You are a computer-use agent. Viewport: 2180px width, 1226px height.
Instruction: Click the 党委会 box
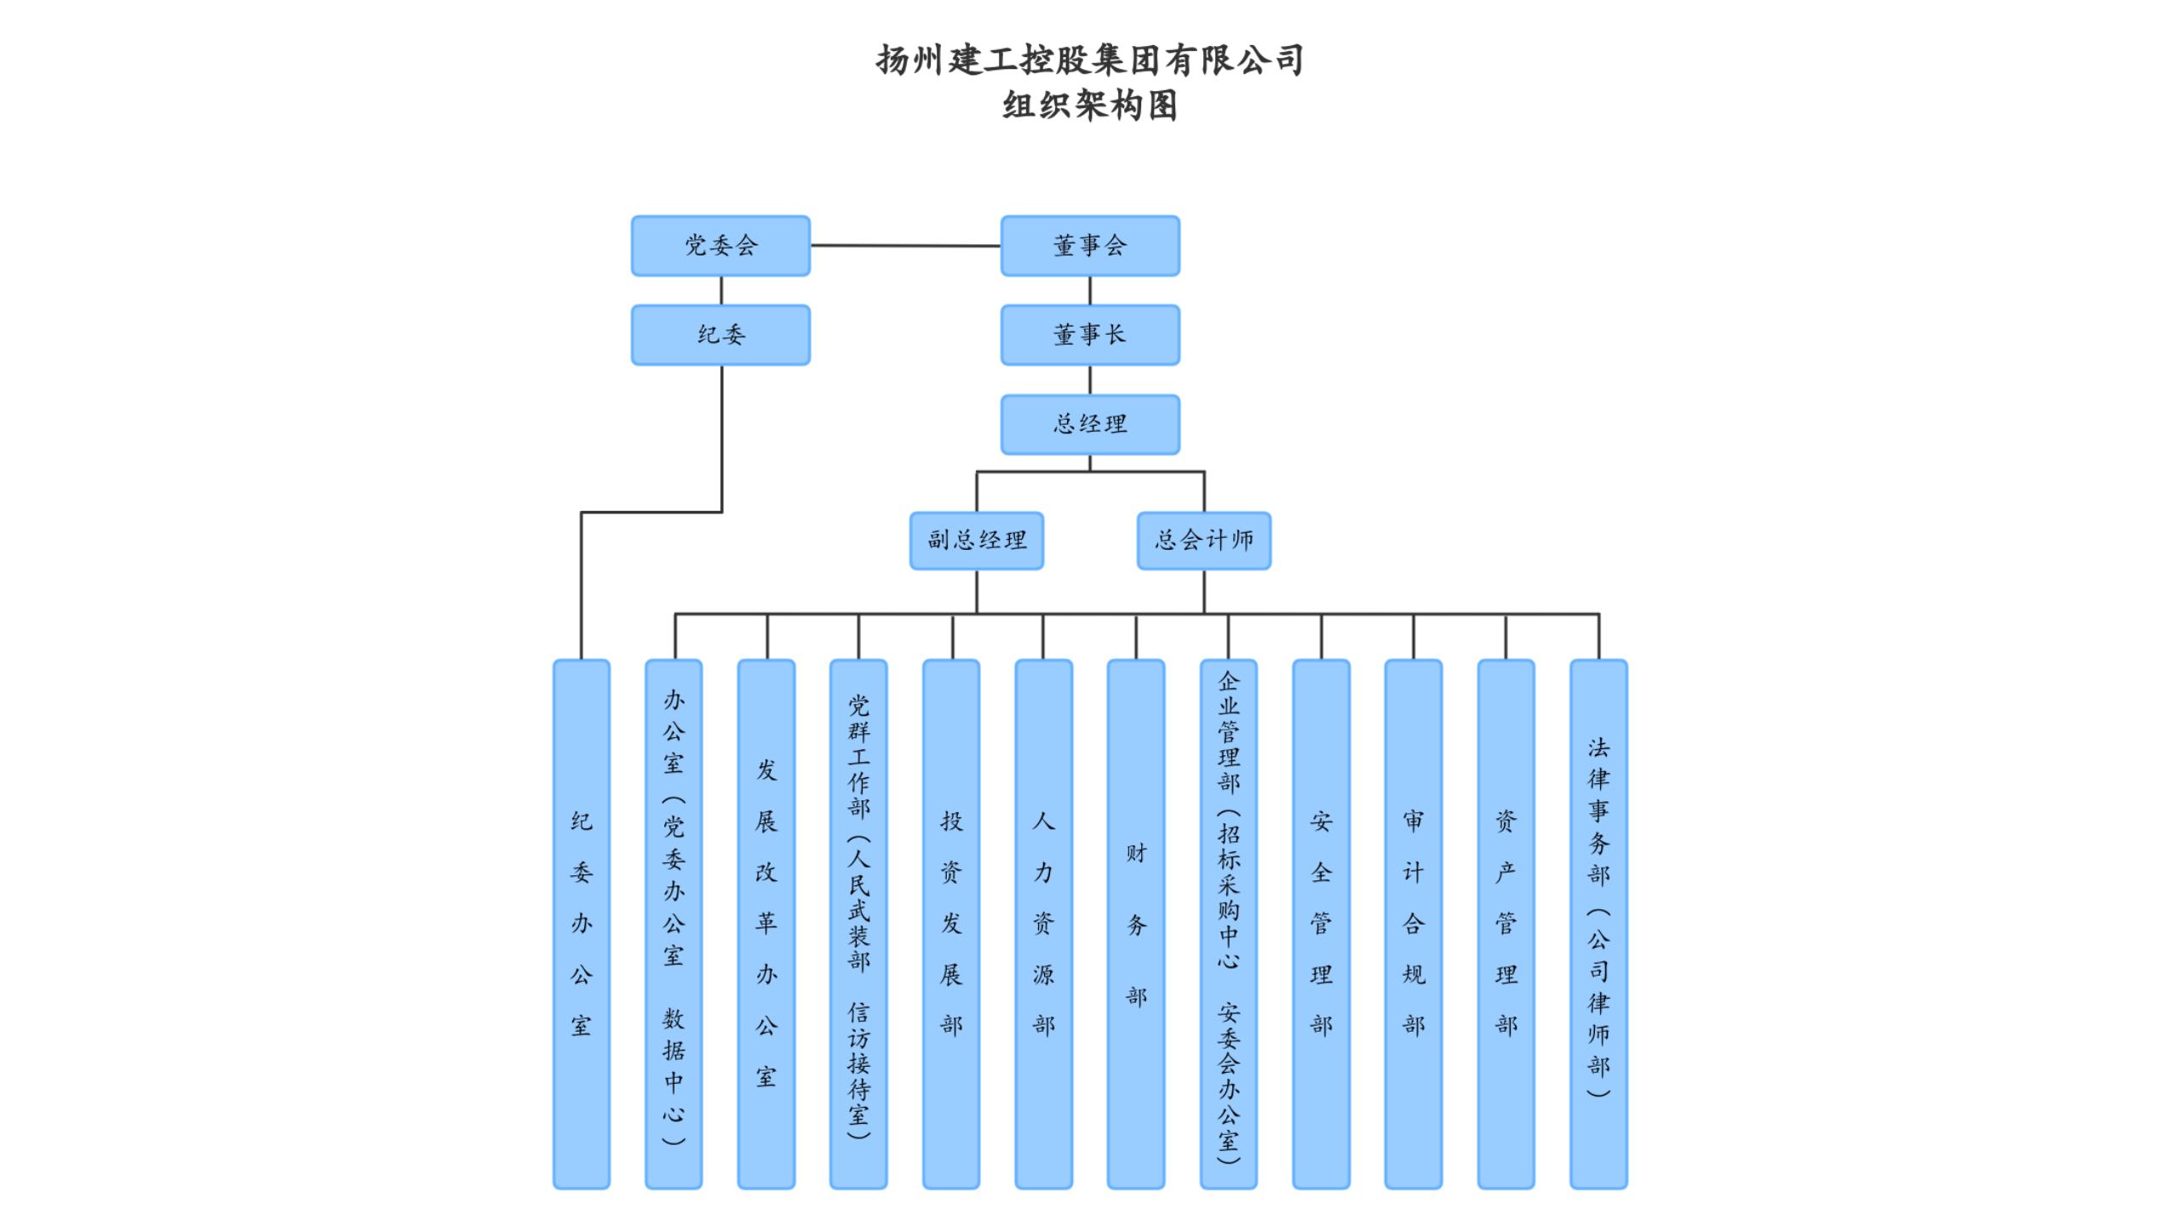pos(720,246)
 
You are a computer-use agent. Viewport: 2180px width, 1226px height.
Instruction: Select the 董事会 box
pos(1090,246)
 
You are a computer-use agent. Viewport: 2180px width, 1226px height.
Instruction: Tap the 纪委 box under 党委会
pos(720,335)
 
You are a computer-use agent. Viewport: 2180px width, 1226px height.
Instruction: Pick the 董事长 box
pos(1090,335)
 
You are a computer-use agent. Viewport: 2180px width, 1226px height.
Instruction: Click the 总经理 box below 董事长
pos(1090,424)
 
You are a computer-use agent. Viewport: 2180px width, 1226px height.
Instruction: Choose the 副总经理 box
pos(977,541)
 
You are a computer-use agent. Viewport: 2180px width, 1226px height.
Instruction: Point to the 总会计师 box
pos(1204,541)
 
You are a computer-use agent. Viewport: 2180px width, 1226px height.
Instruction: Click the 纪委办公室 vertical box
pos(582,924)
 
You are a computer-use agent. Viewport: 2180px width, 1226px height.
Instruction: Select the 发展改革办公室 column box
pos(766,924)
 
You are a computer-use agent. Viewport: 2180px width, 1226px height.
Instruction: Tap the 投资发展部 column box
pos(951,924)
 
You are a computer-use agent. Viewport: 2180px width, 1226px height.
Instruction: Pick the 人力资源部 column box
pos(1044,924)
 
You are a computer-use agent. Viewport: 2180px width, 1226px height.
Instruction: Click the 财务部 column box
pos(1136,924)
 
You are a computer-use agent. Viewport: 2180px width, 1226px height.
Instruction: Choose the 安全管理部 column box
pos(1322,924)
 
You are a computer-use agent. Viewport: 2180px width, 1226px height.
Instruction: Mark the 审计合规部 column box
pos(1414,924)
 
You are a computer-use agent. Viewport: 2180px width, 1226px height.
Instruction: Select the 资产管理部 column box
pos(1506,924)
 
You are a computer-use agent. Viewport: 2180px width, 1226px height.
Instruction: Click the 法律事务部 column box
pos(1599,924)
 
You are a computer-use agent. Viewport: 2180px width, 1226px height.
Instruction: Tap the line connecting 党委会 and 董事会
pos(905,246)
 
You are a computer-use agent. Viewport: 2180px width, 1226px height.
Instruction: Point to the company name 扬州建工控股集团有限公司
pos(1090,60)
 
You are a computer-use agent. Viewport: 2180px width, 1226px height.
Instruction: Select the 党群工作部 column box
pos(858,924)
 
